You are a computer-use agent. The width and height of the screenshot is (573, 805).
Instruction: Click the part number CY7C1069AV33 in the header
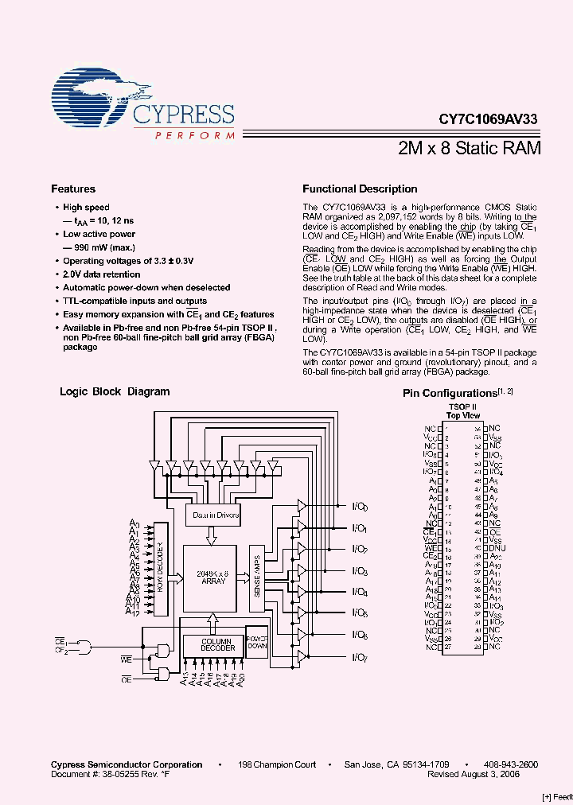click(488, 119)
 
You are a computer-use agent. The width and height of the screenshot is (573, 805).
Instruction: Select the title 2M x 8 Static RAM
click(470, 148)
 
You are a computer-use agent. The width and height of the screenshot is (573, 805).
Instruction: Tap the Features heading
click(73, 189)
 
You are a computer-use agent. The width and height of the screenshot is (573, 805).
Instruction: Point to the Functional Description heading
click(360, 189)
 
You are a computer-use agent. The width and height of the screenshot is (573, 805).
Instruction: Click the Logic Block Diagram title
click(115, 391)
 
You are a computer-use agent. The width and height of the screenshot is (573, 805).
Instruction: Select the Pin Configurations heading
click(450, 393)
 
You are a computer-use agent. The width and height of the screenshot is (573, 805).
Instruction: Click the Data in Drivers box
click(216, 515)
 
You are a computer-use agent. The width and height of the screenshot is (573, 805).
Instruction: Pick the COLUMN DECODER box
click(217, 644)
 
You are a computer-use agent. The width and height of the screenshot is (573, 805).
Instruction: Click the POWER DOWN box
click(257, 642)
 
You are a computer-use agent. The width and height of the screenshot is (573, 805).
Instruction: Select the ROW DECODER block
click(160, 570)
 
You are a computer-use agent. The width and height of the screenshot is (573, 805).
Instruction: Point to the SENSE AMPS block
click(257, 578)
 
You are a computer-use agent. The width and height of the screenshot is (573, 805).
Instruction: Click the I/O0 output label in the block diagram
click(360, 507)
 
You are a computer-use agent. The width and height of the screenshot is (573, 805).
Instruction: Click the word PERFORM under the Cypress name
click(194, 136)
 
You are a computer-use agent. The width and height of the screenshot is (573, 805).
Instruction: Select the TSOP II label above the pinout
click(462, 406)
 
